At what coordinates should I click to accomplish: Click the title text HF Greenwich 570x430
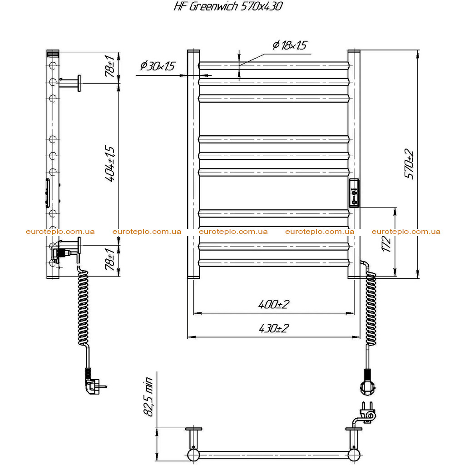(x=228, y=6)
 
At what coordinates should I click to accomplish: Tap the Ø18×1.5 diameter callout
(x=289, y=45)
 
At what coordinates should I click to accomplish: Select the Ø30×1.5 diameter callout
(x=158, y=65)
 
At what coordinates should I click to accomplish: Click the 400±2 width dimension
(x=273, y=304)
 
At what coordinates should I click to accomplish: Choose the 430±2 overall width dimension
(x=273, y=328)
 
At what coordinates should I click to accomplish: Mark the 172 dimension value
(x=386, y=244)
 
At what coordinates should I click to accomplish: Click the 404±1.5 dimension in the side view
(x=110, y=163)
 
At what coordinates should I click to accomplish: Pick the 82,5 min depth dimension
(x=148, y=397)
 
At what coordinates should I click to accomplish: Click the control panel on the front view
(x=354, y=193)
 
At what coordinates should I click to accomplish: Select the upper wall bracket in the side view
(x=70, y=83)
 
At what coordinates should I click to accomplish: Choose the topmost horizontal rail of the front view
(x=274, y=65)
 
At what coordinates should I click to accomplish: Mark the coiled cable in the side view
(x=84, y=307)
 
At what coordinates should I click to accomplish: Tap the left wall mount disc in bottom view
(x=193, y=429)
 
